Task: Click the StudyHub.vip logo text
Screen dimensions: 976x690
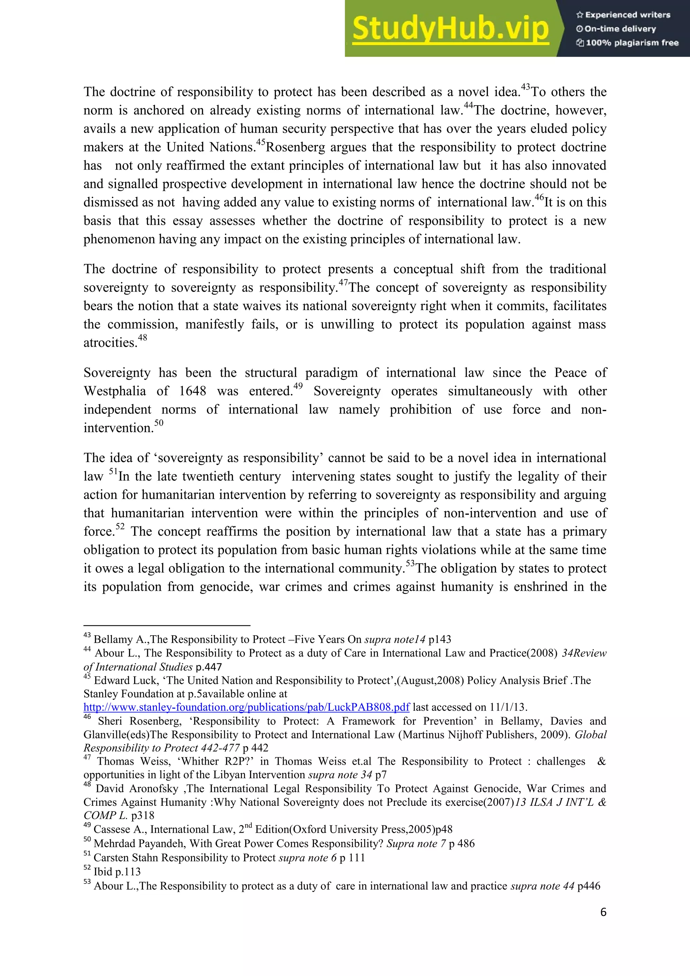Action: point(450,29)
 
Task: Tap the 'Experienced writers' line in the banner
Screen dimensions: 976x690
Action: point(623,15)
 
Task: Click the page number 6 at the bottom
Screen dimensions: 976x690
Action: point(603,912)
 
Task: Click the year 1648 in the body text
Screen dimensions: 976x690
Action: point(192,391)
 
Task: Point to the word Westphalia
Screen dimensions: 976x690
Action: point(115,391)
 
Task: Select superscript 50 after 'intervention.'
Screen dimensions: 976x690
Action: point(158,423)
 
